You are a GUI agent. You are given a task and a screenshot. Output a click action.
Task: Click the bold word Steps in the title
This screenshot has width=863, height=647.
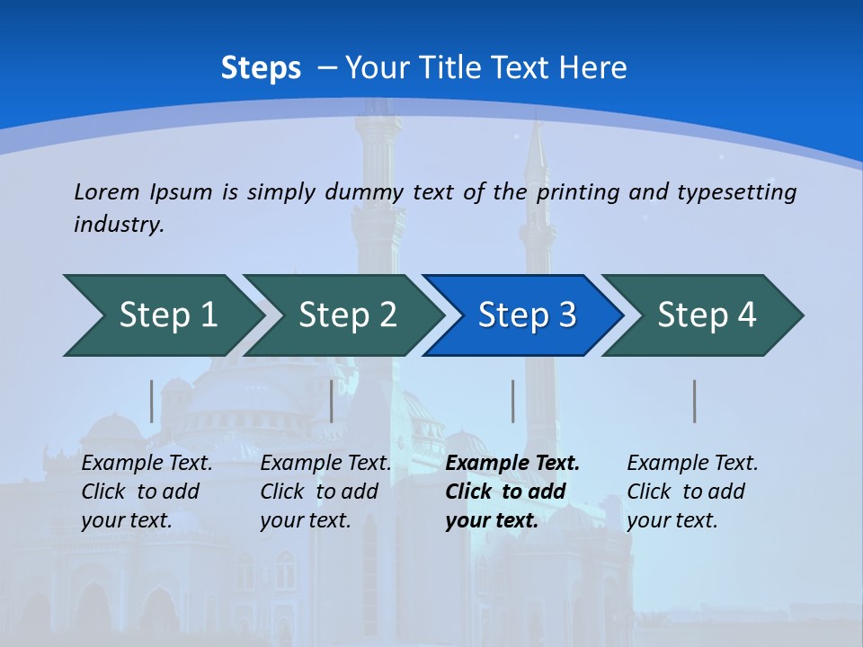click(x=261, y=68)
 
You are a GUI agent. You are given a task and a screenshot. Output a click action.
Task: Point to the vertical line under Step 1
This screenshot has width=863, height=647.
click(x=152, y=401)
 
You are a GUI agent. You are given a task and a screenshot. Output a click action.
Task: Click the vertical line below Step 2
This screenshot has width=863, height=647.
click(x=332, y=401)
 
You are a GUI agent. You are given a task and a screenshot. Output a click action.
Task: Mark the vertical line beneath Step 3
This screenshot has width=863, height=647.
click(x=512, y=401)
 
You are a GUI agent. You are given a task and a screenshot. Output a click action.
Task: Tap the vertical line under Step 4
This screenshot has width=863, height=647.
click(x=695, y=401)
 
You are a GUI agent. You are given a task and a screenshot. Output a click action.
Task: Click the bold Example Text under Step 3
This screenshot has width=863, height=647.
click(x=512, y=492)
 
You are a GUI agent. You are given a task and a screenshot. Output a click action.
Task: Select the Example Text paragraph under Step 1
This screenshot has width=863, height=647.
click(x=147, y=492)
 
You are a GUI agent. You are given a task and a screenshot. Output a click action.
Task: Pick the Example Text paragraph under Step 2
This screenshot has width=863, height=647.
click(x=325, y=492)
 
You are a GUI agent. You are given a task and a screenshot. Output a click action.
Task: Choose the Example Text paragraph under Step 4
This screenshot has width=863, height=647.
click(x=691, y=492)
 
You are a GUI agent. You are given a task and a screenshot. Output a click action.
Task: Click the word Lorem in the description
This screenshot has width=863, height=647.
click(x=107, y=192)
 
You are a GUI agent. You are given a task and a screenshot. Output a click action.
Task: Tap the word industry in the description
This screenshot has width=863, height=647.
click(x=118, y=225)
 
